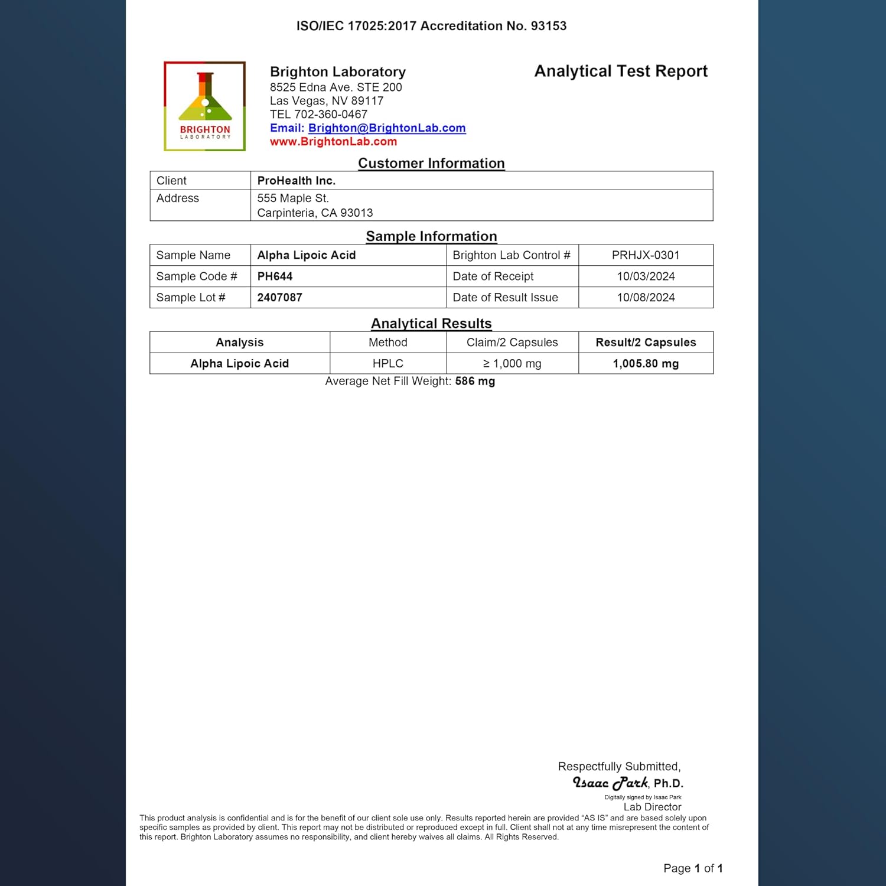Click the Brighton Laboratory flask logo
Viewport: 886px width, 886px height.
point(204,106)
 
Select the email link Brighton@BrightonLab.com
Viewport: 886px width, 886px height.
point(387,128)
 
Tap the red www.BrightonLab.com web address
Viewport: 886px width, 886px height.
point(333,142)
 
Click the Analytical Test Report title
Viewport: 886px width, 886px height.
point(620,71)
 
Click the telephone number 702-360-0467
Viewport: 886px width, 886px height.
point(331,115)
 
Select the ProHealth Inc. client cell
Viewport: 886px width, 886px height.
point(296,181)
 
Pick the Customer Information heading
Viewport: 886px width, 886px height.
point(431,164)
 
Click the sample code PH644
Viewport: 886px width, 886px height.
point(275,276)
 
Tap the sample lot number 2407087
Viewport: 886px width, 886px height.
point(279,298)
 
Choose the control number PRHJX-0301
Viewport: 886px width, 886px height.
point(646,255)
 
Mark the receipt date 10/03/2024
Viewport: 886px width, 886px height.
point(646,276)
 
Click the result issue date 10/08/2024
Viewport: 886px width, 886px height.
point(646,298)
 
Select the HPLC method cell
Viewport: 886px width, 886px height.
point(387,364)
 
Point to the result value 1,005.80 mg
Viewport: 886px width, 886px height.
point(646,364)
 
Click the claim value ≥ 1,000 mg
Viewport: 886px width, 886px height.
point(512,364)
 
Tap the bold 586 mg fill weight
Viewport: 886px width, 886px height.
point(475,382)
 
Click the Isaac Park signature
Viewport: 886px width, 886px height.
point(610,783)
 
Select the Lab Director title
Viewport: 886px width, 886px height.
point(652,807)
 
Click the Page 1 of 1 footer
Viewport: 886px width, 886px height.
point(693,868)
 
